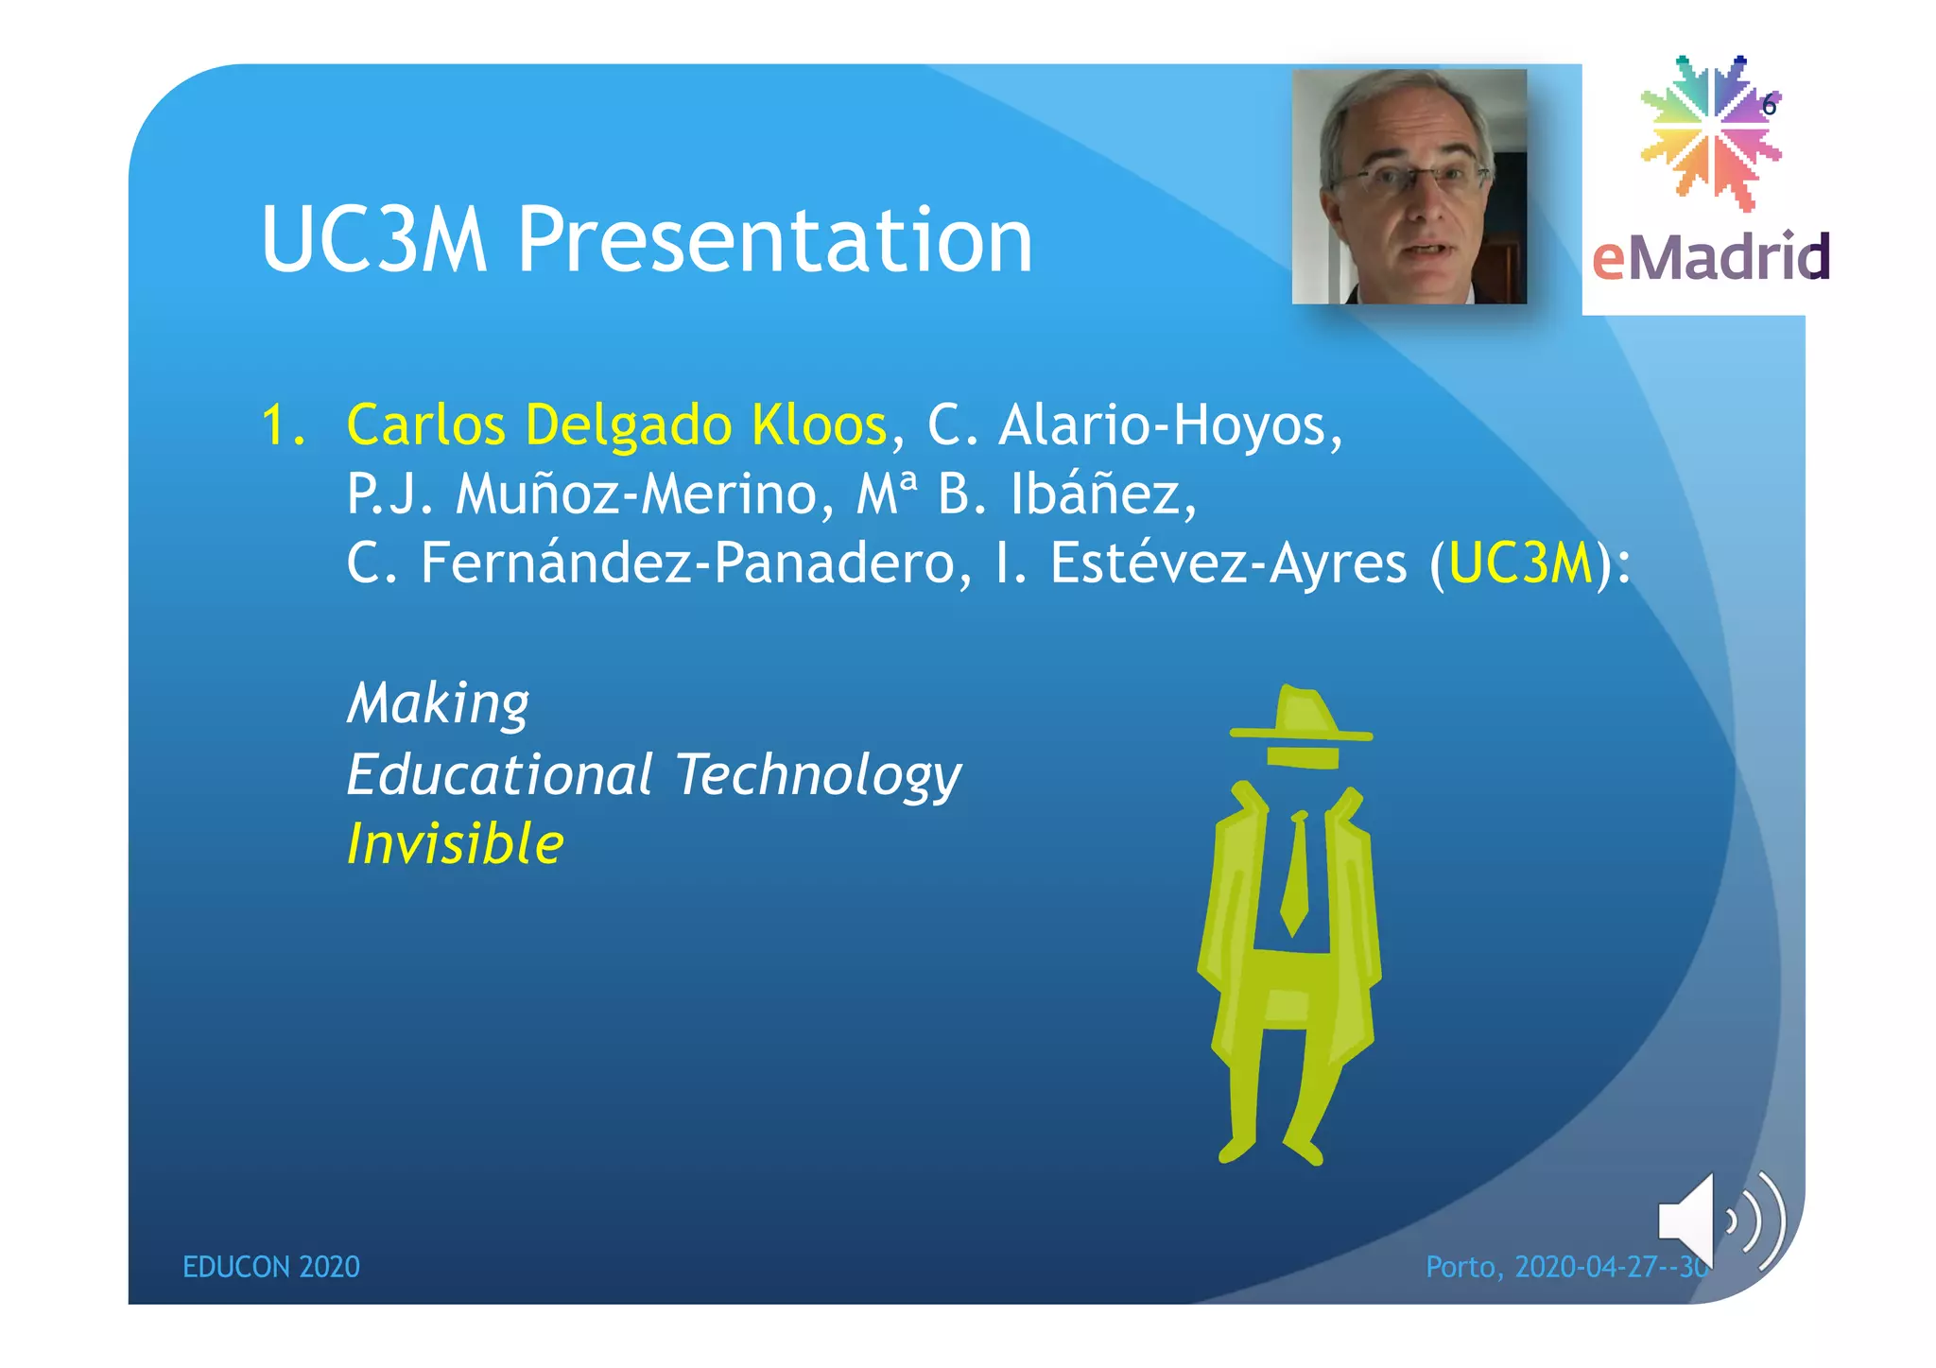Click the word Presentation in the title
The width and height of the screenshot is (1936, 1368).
tap(775, 241)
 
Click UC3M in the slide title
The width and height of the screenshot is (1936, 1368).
tap(374, 241)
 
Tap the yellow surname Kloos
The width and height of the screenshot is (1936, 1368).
tap(819, 424)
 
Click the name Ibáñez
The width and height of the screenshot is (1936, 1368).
tap(1101, 494)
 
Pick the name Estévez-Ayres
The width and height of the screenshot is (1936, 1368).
tap(1229, 563)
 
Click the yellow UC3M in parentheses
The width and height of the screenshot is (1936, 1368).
tap(1520, 563)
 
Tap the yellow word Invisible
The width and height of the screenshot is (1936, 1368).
tap(455, 843)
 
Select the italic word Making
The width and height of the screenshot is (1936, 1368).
tap(438, 704)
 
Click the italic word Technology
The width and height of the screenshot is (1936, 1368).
tap(818, 775)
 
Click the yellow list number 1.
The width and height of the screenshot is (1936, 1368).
tap(282, 424)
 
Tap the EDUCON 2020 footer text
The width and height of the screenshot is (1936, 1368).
tap(271, 1267)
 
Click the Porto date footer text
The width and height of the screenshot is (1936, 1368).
tap(1564, 1267)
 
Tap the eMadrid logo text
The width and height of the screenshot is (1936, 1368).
tap(1711, 257)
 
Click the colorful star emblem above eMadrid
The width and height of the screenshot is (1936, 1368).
tap(1711, 132)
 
